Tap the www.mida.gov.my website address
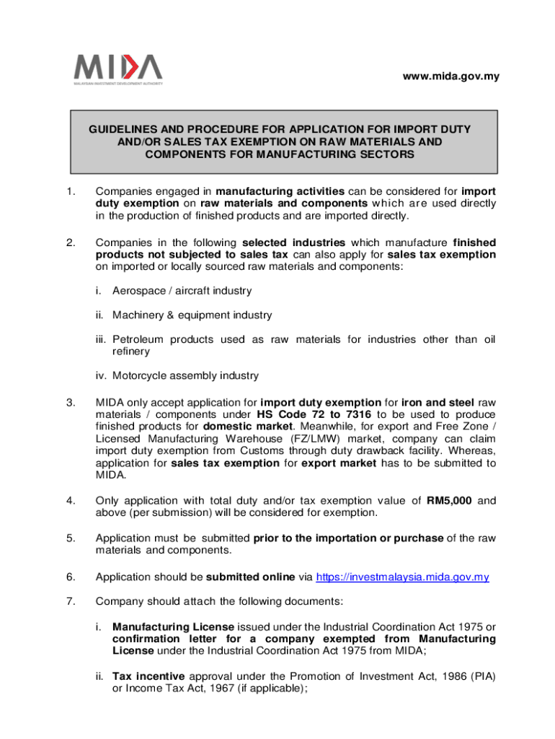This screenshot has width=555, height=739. pyautogui.click(x=451, y=76)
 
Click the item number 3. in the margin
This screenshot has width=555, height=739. pyautogui.click(x=70, y=402)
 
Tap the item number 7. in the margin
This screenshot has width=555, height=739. pyautogui.click(x=70, y=600)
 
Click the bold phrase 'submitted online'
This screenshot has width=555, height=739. pyautogui.click(x=248, y=577)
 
